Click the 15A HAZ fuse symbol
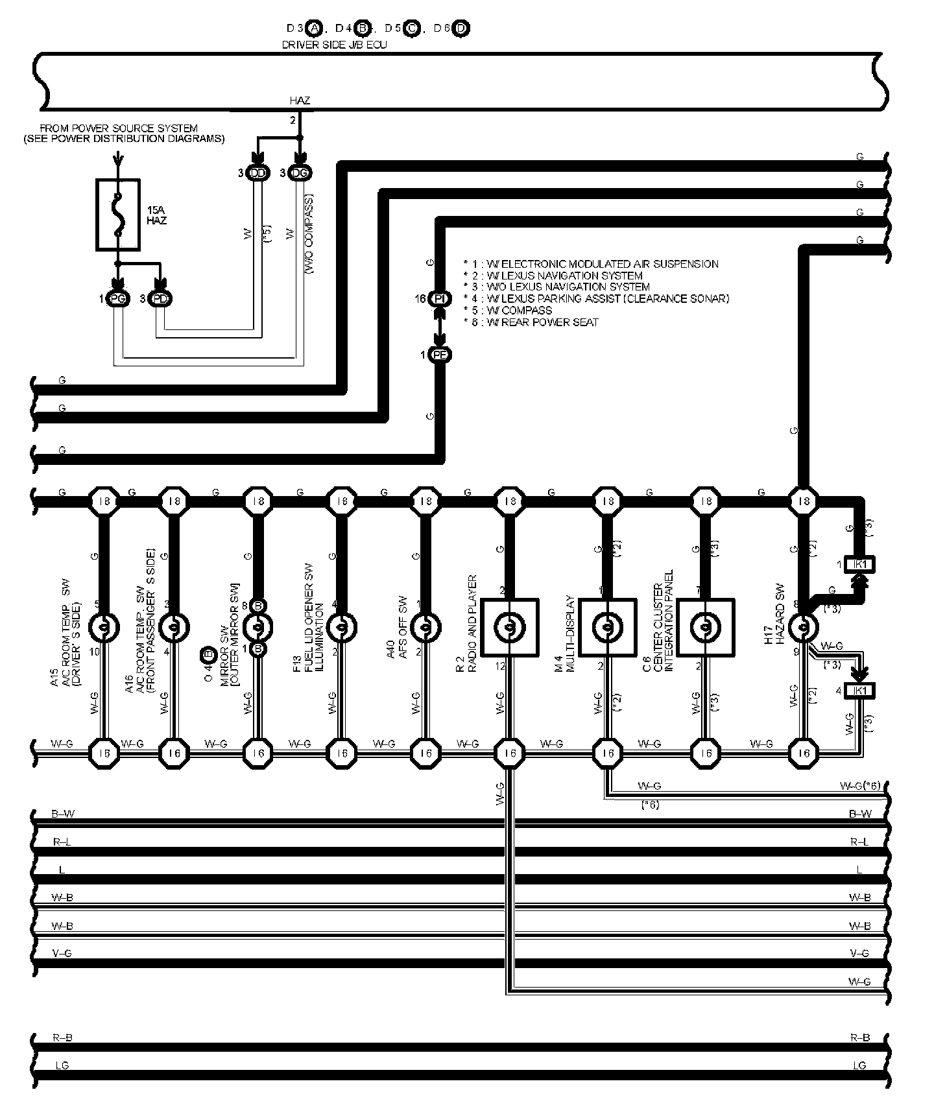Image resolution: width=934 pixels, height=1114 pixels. tap(117, 215)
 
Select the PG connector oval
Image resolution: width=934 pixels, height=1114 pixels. tap(117, 299)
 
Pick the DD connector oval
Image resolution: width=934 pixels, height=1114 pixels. tap(257, 173)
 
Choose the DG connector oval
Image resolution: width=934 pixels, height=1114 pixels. tap(300, 173)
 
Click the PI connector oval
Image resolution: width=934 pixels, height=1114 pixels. tap(440, 299)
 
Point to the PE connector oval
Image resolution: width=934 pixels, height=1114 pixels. tap(440, 355)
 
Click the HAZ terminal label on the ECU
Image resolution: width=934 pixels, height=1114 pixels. tap(300, 101)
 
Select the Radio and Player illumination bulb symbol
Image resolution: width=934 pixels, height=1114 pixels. tap(510, 627)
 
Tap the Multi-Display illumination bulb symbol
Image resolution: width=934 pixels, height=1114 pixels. tap(608, 627)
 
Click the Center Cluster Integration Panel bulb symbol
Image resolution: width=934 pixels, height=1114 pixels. tap(706, 627)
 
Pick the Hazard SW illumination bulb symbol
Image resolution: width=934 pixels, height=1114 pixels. tap(804, 627)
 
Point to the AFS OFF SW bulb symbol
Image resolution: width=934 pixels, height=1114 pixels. tap(425, 627)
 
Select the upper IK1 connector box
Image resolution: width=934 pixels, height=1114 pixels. tap(861, 564)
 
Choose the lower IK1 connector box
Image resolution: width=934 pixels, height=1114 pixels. tap(861, 691)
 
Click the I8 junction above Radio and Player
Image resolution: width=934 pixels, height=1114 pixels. tap(510, 501)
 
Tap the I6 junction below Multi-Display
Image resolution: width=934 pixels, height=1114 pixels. tap(608, 753)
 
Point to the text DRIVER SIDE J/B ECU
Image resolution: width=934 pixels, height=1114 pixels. tap(334, 45)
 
